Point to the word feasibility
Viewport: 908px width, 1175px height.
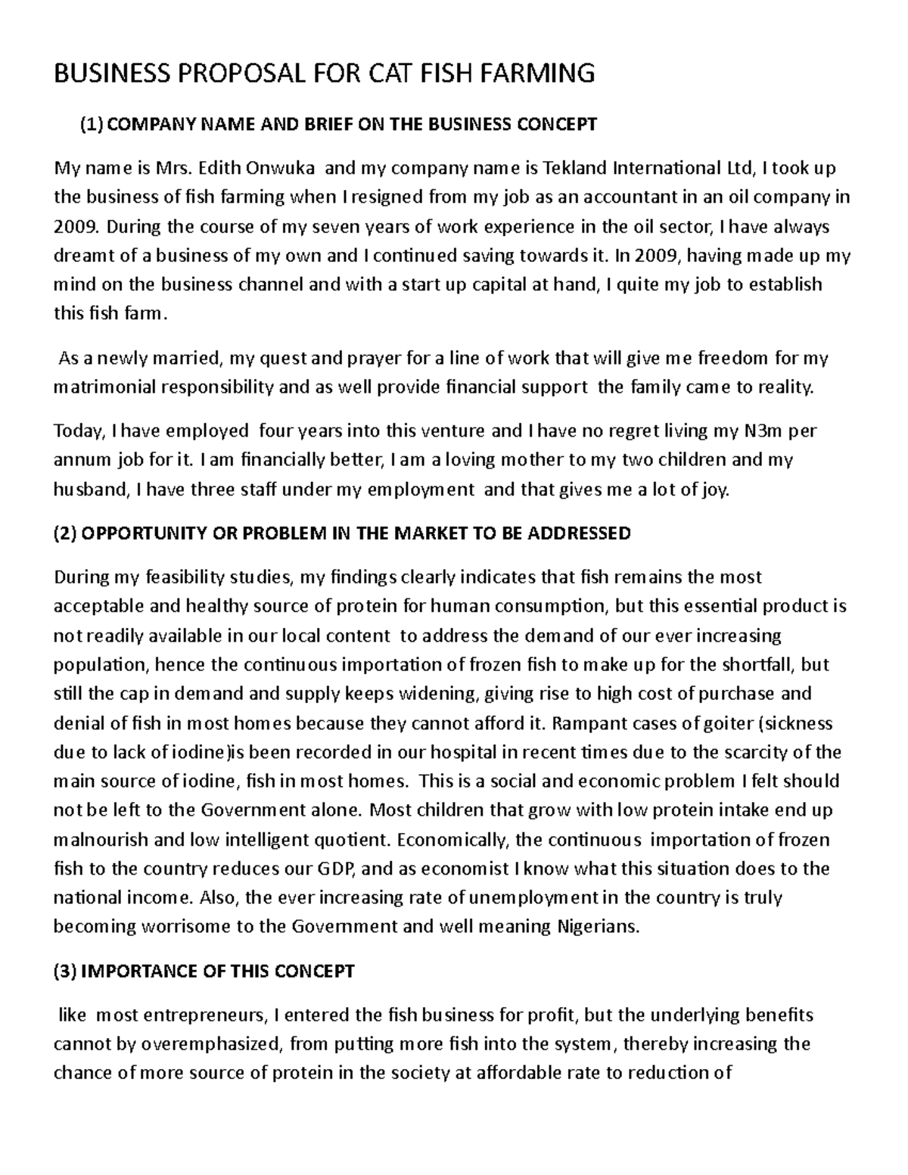(x=192, y=577)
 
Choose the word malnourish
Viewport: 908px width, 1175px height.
(x=95, y=840)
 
